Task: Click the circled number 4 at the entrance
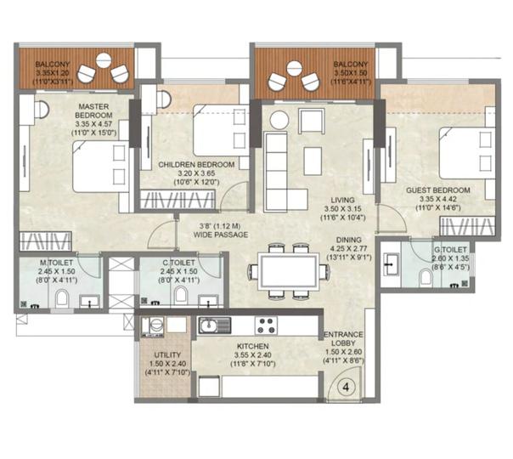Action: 346,388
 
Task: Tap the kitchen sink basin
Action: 208,326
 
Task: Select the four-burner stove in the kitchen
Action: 266,325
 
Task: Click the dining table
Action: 288,271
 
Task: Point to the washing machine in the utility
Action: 153,326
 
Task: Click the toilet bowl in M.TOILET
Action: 62,298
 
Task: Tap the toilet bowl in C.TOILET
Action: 180,296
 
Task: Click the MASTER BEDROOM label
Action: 93,111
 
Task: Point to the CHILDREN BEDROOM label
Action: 196,165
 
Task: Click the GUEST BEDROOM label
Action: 438,190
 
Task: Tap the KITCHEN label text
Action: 253,346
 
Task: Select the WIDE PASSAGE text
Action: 221,235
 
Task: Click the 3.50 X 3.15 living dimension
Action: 342,209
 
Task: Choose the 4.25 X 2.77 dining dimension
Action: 349,248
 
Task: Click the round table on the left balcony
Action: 104,60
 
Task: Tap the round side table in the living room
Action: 279,120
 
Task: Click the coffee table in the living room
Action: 313,161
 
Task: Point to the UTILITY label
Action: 167,355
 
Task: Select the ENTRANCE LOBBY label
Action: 343,339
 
